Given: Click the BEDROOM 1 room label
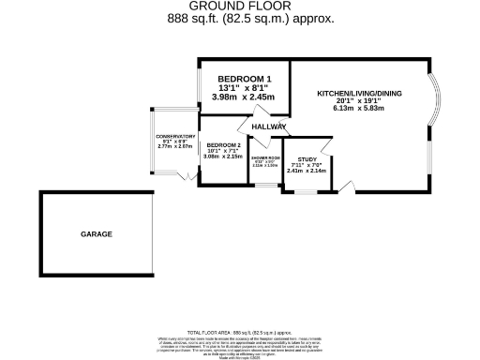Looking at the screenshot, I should [244, 79].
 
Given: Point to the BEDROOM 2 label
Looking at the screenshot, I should [224, 145].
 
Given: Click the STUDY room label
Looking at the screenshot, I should [306, 159].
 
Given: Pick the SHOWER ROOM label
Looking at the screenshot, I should [265, 157].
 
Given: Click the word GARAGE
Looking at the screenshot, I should [96, 233].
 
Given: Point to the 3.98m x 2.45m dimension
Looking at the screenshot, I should [244, 96].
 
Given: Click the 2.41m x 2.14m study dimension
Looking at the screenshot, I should [306, 171].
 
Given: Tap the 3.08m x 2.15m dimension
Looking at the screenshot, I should [224, 157].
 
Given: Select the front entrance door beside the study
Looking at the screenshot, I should [346, 187].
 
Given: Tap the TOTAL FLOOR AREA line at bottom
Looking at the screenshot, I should [240, 333].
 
